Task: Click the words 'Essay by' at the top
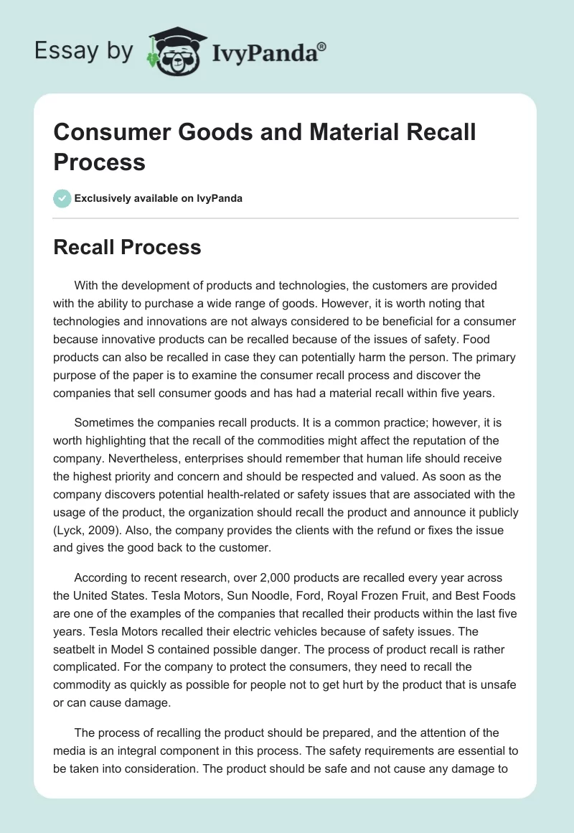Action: (83, 51)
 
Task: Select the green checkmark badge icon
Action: (62, 198)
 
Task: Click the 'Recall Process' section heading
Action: (128, 248)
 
